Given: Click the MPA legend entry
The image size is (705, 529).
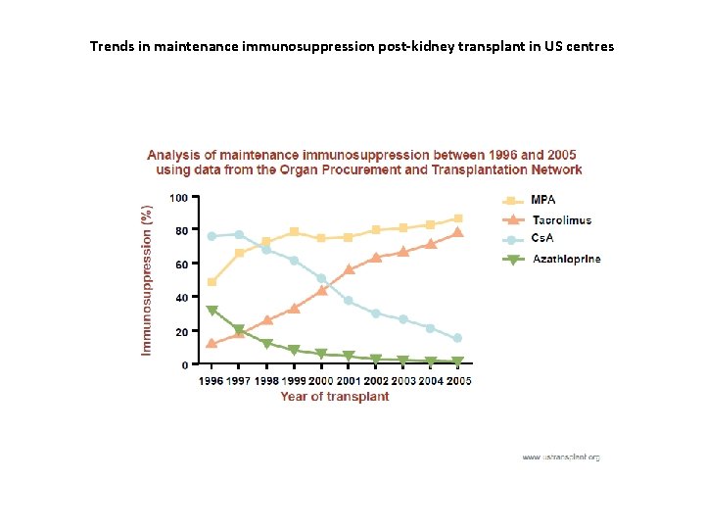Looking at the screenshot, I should click(x=542, y=200).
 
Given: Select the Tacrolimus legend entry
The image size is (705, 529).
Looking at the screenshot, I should click(x=561, y=220).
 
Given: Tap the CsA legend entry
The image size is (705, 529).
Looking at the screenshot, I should click(x=542, y=240).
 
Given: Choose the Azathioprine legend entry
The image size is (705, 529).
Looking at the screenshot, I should click(x=565, y=260).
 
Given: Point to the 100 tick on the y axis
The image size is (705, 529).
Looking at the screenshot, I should click(x=179, y=198).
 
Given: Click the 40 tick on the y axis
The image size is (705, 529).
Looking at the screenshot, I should click(x=182, y=298).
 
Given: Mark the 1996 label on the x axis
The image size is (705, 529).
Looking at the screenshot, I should click(x=211, y=380).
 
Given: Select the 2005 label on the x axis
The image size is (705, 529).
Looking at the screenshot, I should click(x=458, y=380).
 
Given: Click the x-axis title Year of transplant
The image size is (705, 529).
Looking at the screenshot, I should click(x=335, y=397).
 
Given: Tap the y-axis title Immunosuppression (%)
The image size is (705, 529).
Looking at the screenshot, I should click(x=148, y=279).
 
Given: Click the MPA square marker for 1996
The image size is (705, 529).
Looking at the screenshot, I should click(x=211, y=282).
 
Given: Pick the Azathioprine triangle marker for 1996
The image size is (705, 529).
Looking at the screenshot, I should click(x=211, y=311).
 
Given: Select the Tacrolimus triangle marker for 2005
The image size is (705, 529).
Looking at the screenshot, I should click(x=457, y=232).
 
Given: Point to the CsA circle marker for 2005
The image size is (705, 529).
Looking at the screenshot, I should click(x=457, y=338).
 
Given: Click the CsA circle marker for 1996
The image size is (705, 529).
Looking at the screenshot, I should click(x=211, y=236).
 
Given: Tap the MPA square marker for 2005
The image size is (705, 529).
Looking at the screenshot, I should click(x=457, y=218).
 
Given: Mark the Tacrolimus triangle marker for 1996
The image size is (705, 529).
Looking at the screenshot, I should click(x=211, y=344).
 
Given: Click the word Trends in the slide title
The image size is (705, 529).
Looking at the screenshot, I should click(x=110, y=46).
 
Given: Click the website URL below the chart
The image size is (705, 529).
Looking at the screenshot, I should click(x=560, y=457).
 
